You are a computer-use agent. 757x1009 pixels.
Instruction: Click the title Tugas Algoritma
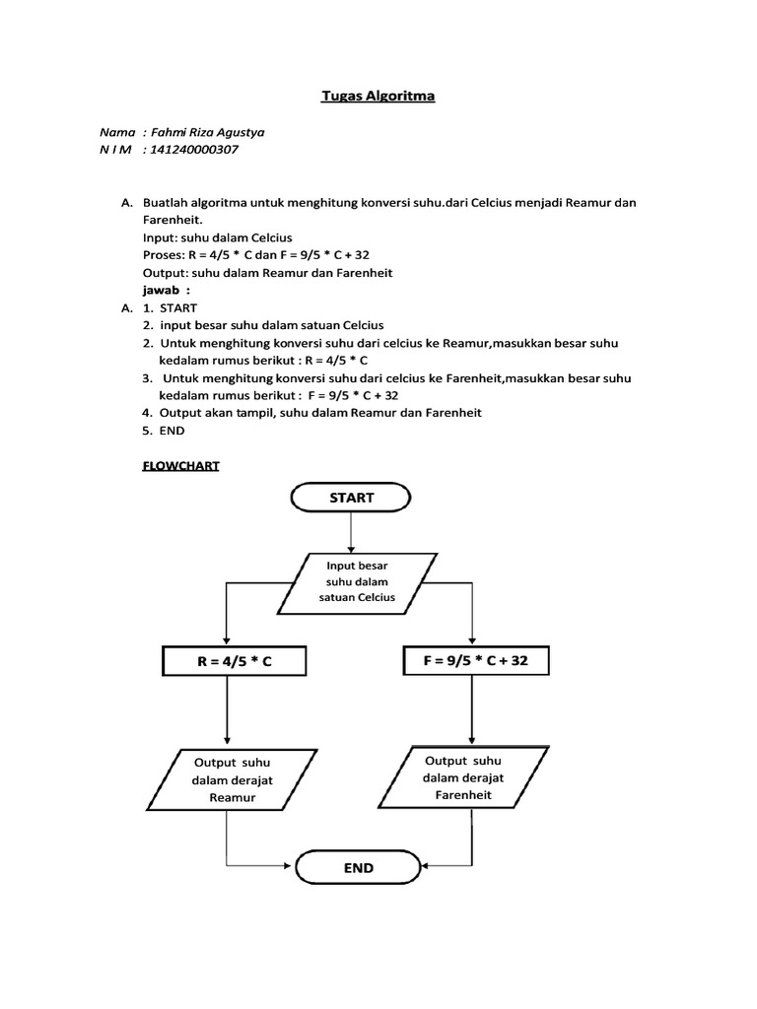(x=378, y=97)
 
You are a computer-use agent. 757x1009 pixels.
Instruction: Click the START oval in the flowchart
(x=352, y=498)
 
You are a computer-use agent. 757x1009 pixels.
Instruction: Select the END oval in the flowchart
(x=359, y=868)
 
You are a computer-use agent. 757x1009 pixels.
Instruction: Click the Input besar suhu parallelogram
(x=358, y=582)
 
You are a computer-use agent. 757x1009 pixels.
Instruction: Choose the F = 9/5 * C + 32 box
(x=477, y=661)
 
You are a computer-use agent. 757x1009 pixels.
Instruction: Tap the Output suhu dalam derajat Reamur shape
(x=233, y=779)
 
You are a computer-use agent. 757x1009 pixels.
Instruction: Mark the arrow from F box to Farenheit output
(x=474, y=709)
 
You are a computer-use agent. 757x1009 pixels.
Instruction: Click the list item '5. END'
(x=163, y=431)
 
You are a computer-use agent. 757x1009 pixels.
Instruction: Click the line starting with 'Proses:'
(x=255, y=255)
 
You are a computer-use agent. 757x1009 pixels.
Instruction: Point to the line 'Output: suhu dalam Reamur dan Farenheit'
(x=267, y=273)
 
